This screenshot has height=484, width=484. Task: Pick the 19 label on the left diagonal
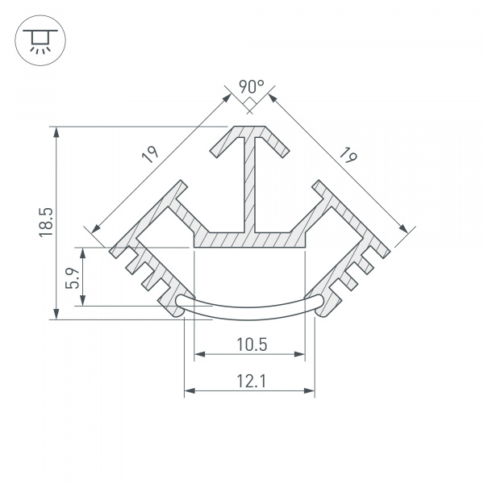click(153, 154)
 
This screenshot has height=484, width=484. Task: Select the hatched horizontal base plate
click(251, 239)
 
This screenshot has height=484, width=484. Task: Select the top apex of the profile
click(251, 127)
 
